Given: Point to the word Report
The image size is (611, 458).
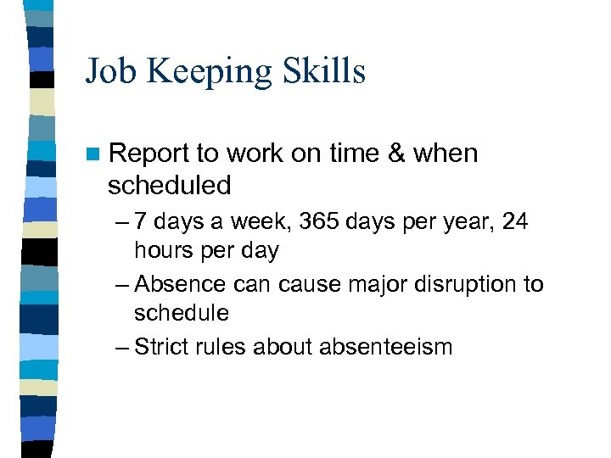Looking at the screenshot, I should (149, 154).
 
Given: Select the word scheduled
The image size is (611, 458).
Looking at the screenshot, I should (169, 184).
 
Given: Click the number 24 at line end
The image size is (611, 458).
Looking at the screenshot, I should (514, 222).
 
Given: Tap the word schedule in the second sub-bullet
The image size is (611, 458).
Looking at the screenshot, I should (182, 313).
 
